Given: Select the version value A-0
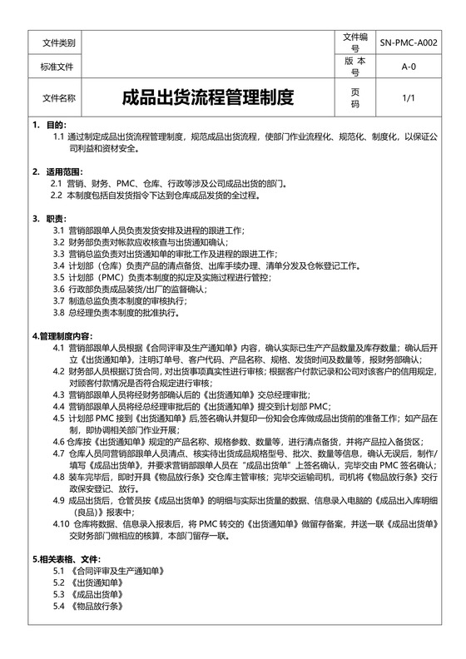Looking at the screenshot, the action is click(x=409, y=67).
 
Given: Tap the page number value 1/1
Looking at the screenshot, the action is click(x=409, y=98).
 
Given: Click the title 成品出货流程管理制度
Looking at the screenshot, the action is click(x=209, y=98).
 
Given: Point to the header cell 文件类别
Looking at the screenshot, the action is click(x=58, y=42).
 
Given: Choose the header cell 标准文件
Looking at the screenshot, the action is click(x=57, y=67).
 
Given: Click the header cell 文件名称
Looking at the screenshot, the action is click(x=58, y=98).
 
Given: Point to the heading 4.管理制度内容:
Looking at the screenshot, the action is click(x=67, y=335).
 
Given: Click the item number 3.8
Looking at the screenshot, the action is click(x=59, y=312).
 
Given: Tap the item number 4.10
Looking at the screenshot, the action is click(x=61, y=523).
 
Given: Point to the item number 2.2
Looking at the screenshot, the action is click(x=57, y=195).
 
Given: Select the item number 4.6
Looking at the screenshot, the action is click(x=59, y=441).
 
